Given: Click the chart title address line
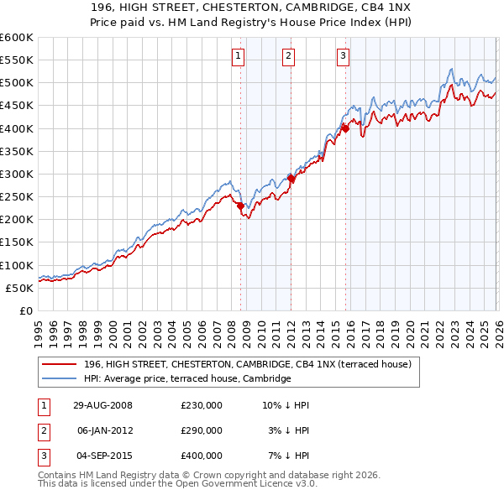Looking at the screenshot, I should coord(251,8).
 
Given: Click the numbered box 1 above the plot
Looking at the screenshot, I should coord(239,56).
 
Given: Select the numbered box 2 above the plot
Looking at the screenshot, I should coord(288,56).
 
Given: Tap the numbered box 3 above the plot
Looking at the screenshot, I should coord(344,56).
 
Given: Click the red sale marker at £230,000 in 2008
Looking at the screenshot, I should coord(240,206).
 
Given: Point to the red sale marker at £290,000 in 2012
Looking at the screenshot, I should coord(291,179).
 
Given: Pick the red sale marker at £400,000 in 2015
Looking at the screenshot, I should coord(345,128).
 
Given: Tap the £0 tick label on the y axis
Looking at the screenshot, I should coord(24,310).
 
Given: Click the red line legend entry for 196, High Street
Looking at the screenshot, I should coord(247,364).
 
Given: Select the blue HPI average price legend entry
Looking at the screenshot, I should coord(186,378).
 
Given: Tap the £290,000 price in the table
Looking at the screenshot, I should coord(201,430).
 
